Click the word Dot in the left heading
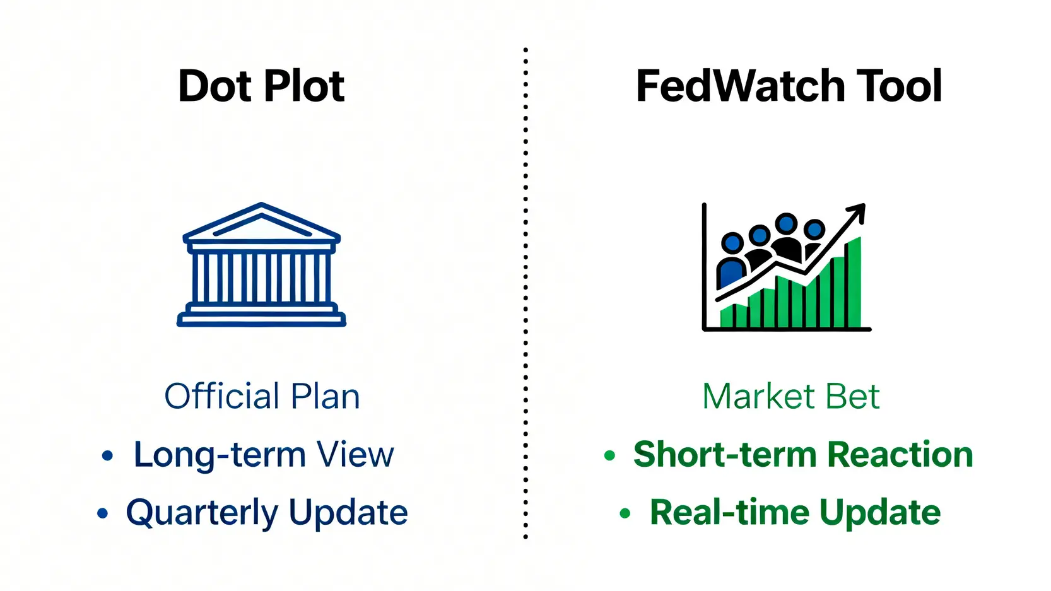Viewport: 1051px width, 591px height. pyautogui.click(x=214, y=86)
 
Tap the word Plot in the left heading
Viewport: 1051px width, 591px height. pyautogui.click(x=305, y=86)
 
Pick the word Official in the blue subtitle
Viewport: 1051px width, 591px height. pyautogui.click(x=221, y=396)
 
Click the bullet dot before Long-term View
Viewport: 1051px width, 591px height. pyautogui.click(x=107, y=455)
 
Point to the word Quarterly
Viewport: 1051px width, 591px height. pyautogui.click(x=201, y=512)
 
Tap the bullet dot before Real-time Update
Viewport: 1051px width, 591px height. pyautogui.click(x=625, y=513)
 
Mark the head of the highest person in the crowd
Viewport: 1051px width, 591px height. pyautogui.click(x=786, y=223)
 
